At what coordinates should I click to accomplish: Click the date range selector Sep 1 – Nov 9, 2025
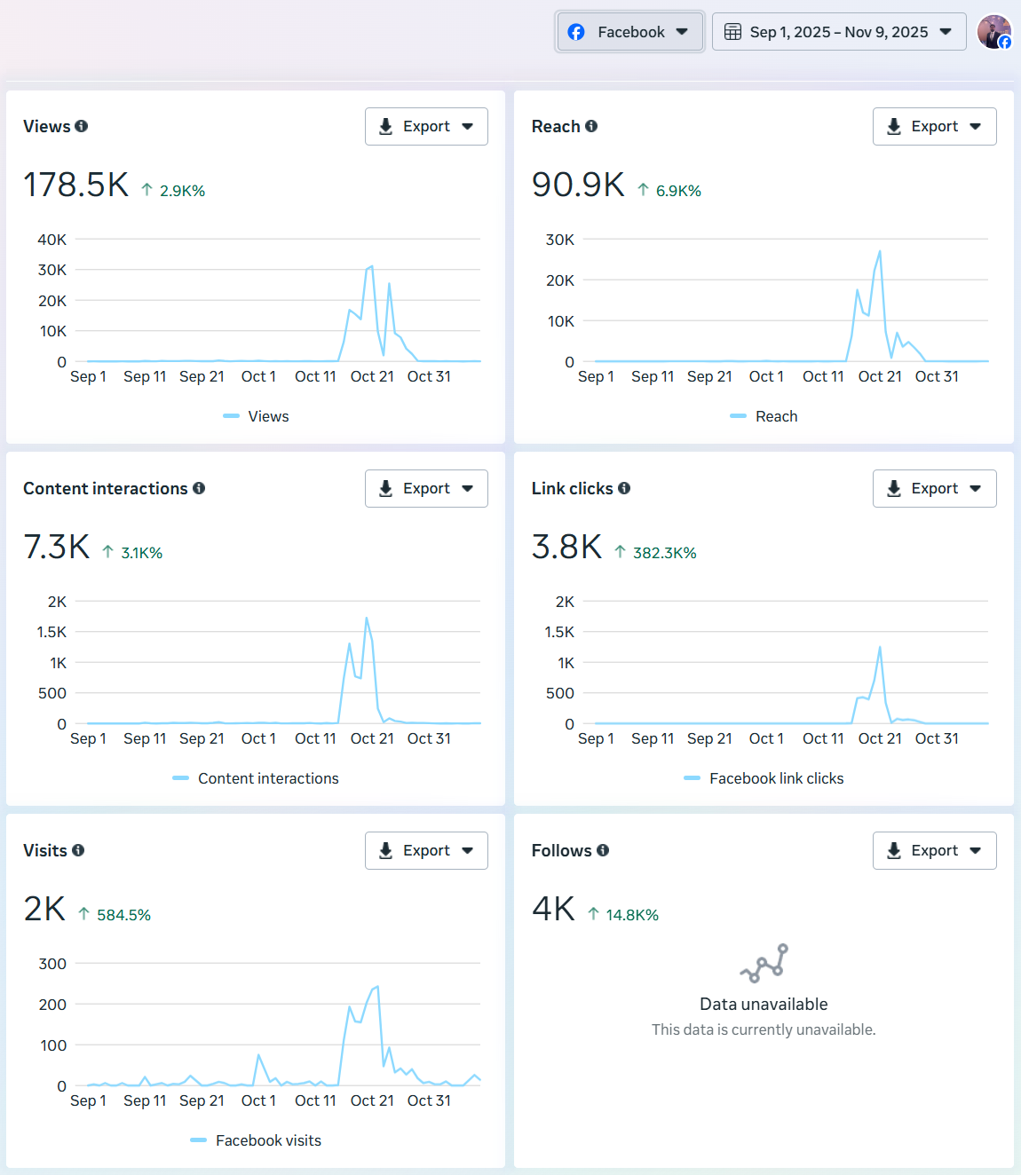click(838, 32)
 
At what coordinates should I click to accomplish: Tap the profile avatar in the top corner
click(993, 32)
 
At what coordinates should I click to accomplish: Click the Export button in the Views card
click(426, 127)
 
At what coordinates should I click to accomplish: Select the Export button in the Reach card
click(934, 127)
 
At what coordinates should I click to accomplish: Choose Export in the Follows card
click(934, 851)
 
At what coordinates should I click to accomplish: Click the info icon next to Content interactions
click(199, 488)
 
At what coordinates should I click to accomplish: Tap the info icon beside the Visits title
click(78, 850)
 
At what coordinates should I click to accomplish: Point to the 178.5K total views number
click(76, 185)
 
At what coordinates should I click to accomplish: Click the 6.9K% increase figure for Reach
click(677, 191)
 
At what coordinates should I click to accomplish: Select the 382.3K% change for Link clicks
click(663, 553)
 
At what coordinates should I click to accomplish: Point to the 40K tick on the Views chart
click(52, 240)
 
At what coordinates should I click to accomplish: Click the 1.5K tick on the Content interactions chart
click(51, 632)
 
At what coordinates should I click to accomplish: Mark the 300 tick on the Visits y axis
click(52, 964)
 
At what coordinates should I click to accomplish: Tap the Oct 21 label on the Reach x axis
click(879, 376)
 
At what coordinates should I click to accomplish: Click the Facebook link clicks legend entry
click(775, 778)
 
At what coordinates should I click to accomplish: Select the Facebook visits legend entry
click(267, 1140)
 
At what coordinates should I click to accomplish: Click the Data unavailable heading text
click(764, 1005)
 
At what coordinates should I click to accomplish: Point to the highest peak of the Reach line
click(880, 252)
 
